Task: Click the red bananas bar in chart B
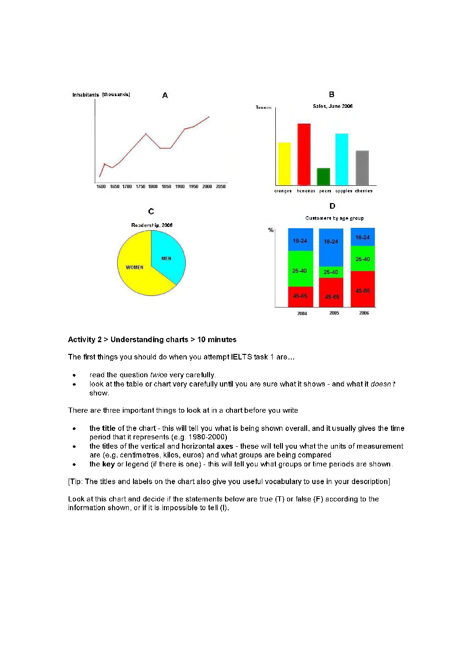coord(304,154)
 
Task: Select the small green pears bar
coord(323,177)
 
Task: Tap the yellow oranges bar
coord(284,163)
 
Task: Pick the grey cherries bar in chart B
coord(362,168)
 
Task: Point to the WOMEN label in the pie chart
coord(134,268)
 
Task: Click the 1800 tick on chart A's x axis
coord(153,187)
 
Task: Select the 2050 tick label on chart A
coord(220,187)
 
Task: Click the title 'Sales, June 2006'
coord(332,106)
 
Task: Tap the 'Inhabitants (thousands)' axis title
coord(101,95)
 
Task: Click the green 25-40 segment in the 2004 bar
coord(300,268)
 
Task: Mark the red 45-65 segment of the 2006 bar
coord(363,289)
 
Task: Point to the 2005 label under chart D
coord(334,313)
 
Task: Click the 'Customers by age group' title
coord(334,218)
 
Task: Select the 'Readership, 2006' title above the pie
coord(152,225)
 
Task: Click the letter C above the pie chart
coord(151,211)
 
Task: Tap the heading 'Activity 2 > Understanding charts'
coord(128,340)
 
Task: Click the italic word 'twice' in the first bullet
coord(159,375)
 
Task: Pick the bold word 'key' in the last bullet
coord(108,464)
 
